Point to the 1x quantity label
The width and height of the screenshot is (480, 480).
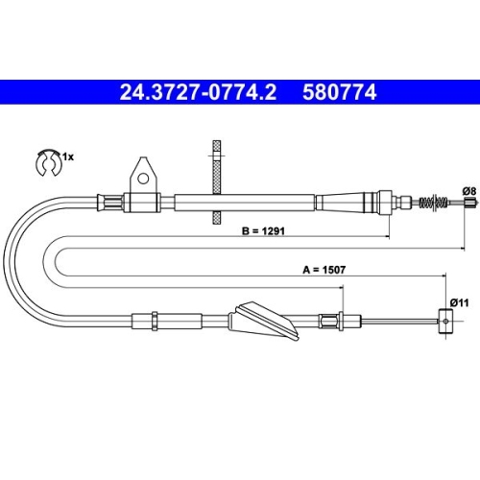(67, 155)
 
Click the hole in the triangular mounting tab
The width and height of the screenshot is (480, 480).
(141, 177)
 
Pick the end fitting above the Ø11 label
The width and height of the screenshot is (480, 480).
(444, 322)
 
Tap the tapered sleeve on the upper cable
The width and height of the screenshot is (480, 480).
(350, 203)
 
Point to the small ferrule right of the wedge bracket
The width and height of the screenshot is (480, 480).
(331, 322)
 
